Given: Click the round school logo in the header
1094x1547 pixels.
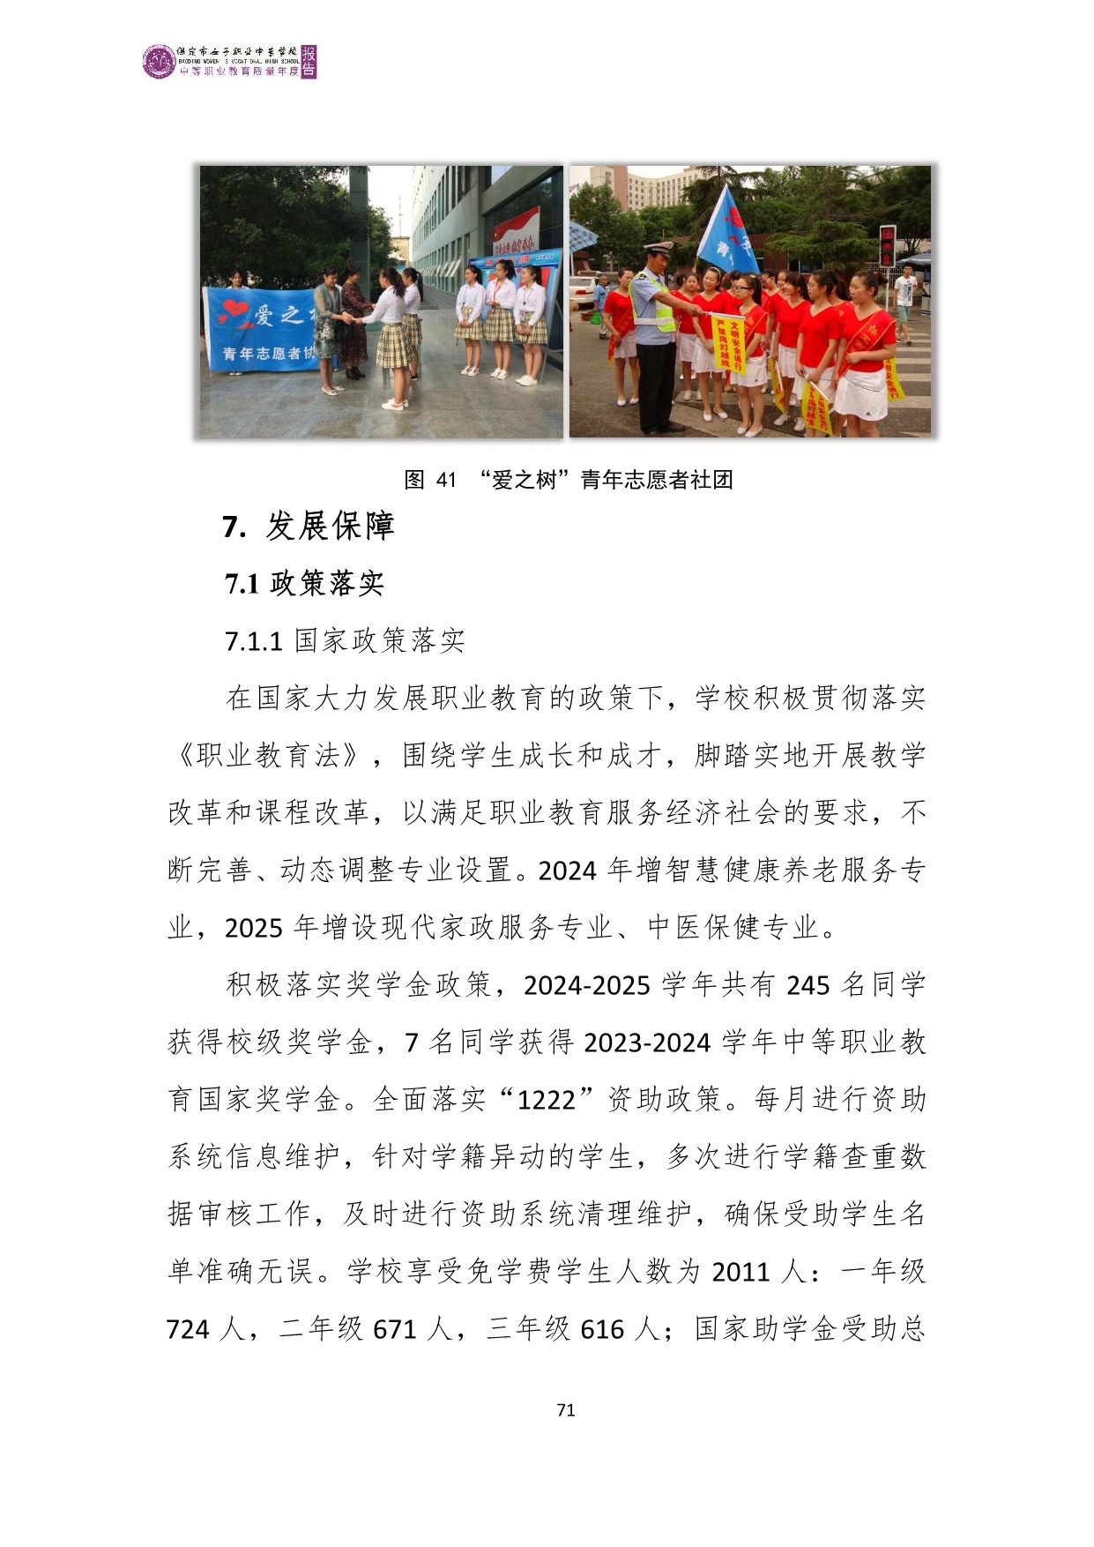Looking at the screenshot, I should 159,62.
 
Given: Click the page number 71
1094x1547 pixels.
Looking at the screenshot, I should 566,1409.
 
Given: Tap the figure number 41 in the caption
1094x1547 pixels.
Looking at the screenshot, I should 446,480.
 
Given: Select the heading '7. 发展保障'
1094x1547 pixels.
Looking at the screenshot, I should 308,527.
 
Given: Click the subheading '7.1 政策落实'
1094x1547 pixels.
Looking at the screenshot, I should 304,584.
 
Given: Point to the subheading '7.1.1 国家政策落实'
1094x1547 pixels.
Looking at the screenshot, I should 345,641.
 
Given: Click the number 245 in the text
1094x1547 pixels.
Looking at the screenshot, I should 808,985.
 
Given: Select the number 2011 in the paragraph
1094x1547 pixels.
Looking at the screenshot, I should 741,1272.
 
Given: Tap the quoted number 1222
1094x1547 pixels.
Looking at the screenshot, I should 546,1101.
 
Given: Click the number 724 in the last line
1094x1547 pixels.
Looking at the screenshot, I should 188,1329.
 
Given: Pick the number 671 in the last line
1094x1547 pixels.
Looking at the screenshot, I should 395,1329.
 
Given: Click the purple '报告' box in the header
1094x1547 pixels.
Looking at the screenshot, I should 309,62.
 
